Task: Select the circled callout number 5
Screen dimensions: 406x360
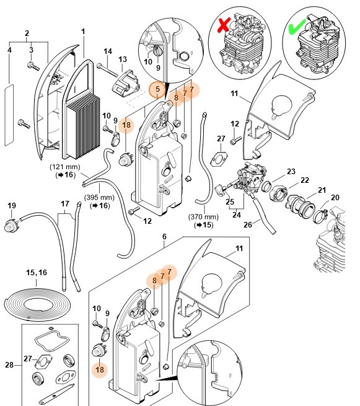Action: pyautogui.click(x=158, y=90)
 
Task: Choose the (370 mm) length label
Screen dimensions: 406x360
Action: pyautogui.click(x=204, y=217)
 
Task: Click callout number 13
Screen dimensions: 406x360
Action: pyautogui.click(x=122, y=59)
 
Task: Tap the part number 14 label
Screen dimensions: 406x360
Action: pyautogui.click(x=107, y=51)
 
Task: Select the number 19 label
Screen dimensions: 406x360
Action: pyautogui.click(x=12, y=205)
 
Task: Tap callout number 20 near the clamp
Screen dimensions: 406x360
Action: pyautogui.click(x=335, y=197)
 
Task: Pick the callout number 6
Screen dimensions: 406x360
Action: pyautogui.click(x=164, y=237)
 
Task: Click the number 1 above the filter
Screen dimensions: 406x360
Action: pyautogui.click(x=84, y=31)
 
